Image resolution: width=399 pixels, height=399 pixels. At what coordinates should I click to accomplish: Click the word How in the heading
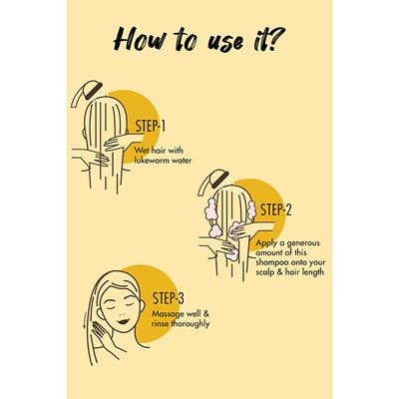pos(139,41)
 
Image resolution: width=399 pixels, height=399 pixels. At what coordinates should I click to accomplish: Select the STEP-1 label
pos(151,126)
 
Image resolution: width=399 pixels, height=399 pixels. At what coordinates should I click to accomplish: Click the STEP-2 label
pos(276,209)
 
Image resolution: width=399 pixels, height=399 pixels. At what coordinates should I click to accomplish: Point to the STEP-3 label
pos(169,298)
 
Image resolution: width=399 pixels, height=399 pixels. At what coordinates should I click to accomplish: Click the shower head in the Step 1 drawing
pos(87,93)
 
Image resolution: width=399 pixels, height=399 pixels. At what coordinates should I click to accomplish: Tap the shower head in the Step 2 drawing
pos(213,182)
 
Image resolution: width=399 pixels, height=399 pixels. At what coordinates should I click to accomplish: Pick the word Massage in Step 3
pos(169,314)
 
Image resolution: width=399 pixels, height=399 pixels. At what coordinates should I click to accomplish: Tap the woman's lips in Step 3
pos(124,321)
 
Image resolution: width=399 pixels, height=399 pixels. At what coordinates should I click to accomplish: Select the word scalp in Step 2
pos(264,272)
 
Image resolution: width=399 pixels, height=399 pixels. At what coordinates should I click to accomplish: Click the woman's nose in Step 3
pos(121,311)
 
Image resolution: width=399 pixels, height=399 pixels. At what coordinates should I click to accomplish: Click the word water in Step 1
pos(183,160)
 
